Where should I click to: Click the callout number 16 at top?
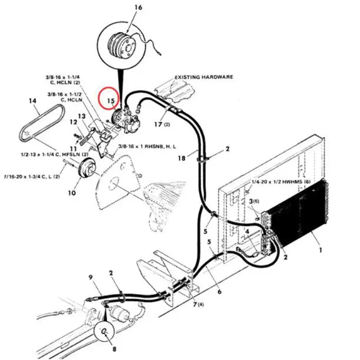pyautogui.click(x=138, y=8)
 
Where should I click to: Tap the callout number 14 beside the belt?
pyautogui.click(x=32, y=101)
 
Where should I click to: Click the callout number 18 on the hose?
pyautogui.click(x=181, y=157)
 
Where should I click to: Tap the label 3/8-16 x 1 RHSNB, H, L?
pyautogui.click(x=147, y=147)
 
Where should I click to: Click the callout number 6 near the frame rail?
pyautogui.click(x=219, y=292)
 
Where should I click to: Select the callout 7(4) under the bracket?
pyautogui.click(x=197, y=305)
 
